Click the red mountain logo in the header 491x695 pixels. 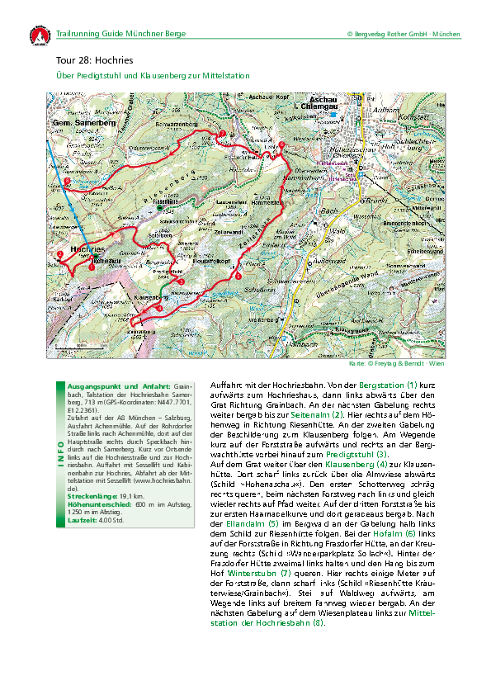pyautogui.click(x=38, y=35)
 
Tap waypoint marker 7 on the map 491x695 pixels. pyautogui.click(x=221, y=134)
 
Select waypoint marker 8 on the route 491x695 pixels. pyautogui.click(x=67, y=180)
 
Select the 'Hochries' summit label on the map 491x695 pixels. pyautogui.click(x=87, y=248)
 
